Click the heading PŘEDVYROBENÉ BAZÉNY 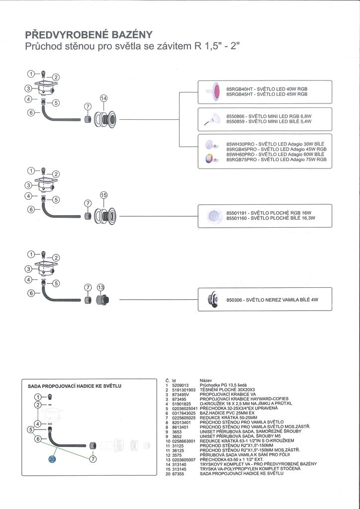(89, 35)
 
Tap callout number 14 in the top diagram (103, 98)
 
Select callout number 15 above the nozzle (103, 195)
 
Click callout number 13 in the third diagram (101, 287)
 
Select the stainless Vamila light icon (212, 299)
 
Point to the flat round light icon (214, 216)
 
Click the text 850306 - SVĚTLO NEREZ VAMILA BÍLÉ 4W (272, 300)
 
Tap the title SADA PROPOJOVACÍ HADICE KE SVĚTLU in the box (75, 386)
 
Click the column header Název (206, 380)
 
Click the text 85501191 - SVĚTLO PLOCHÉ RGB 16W (269, 213)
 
